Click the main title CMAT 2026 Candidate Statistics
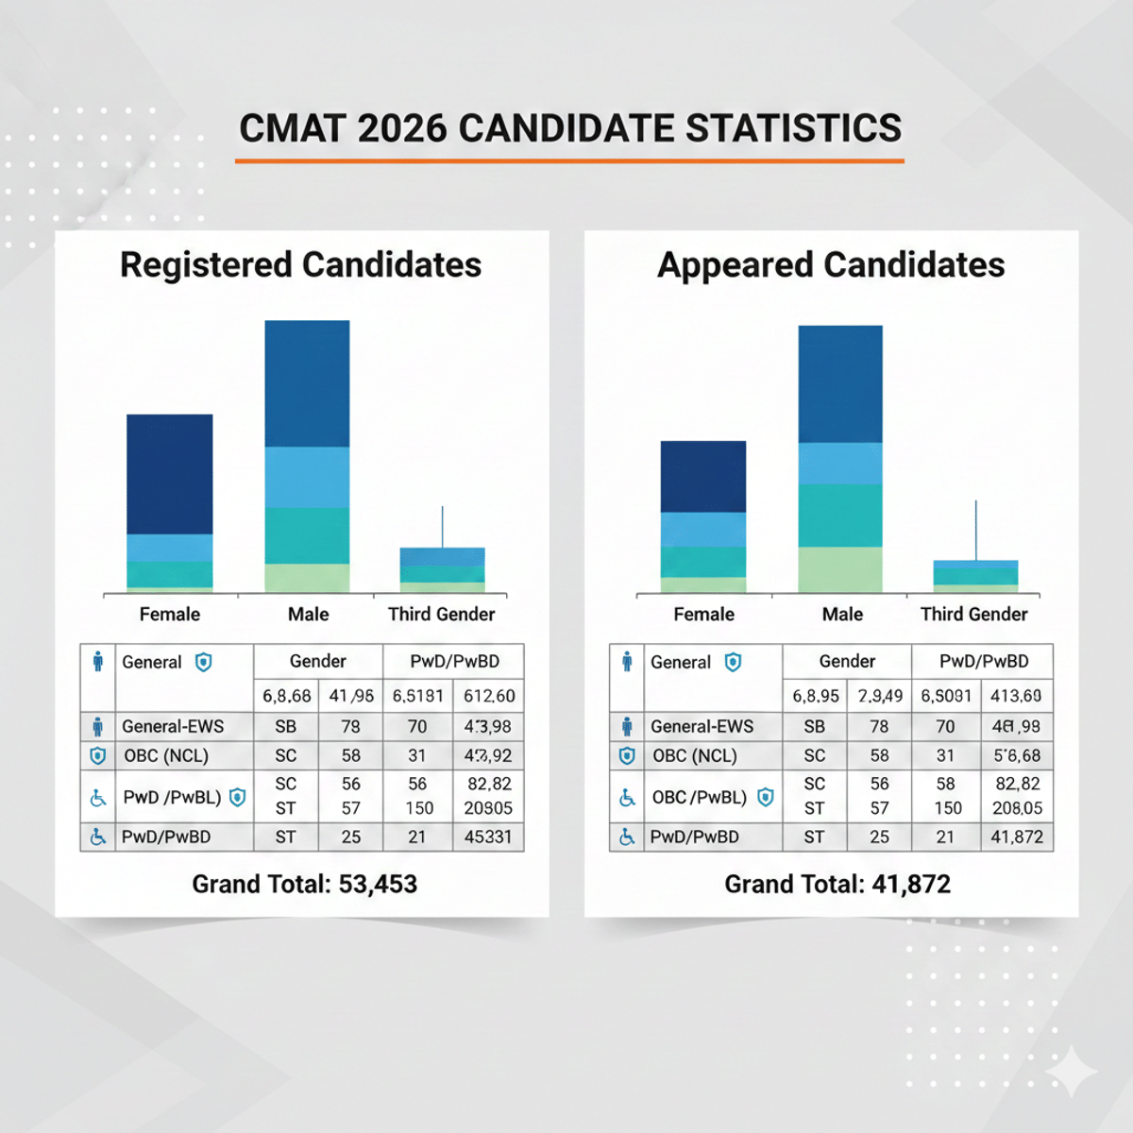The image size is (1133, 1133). coord(570,128)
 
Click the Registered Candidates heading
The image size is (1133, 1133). coord(300,265)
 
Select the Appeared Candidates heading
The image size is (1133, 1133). coord(831,265)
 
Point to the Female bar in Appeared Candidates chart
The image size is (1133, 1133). coord(703,516)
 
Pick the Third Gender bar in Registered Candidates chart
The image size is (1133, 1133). coord(442,569)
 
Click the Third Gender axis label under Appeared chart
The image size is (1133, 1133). coord(973,615)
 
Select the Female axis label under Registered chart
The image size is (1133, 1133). coord(170,615)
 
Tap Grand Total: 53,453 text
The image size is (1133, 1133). coord(304,885)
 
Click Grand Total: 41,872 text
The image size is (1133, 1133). coord(837,885)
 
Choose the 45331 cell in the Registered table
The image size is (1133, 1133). coord(488,837)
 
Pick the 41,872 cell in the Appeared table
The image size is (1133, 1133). coord(1017,837)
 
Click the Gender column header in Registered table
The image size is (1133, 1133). coord(317,662)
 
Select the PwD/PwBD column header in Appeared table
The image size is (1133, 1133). coord(983,662)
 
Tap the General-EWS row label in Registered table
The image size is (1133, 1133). coord(173,727)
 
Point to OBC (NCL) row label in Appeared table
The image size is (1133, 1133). coord(694,756)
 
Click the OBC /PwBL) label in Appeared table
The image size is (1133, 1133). coord(699,798)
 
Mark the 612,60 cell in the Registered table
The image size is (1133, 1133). coord(488,697)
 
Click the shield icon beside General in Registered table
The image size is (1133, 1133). coord(203,663)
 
